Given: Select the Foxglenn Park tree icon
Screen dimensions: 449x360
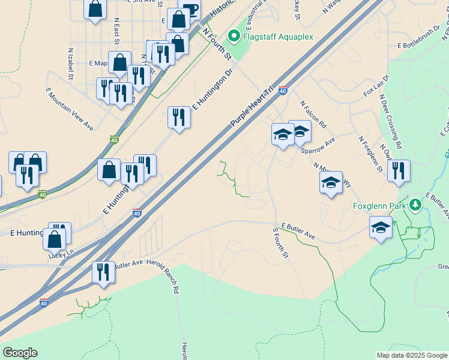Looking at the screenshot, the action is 415,205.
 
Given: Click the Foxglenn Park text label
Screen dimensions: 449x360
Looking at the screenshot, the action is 380,205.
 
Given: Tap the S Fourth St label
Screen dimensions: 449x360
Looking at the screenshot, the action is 281,242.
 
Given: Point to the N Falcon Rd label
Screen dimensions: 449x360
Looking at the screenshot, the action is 313,114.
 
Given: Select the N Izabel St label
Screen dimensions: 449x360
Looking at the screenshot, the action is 71,64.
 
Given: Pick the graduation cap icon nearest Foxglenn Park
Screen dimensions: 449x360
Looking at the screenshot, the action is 381,227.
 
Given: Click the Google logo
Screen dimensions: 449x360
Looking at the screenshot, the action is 20,353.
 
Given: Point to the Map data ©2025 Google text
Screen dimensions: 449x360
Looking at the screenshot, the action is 412,355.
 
